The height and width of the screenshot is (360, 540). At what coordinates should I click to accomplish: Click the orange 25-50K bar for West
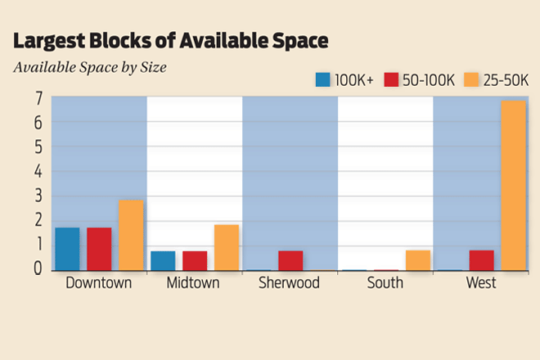click(513, 186)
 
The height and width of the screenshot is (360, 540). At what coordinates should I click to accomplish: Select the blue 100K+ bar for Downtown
click(68, 249)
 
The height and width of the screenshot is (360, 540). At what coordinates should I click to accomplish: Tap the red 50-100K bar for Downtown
click(99, 249)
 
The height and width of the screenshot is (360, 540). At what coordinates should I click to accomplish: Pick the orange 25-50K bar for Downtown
click(131, 236)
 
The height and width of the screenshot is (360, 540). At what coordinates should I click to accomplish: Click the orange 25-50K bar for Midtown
click(227, 247)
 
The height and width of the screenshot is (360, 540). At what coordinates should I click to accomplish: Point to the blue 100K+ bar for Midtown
click(163, 260)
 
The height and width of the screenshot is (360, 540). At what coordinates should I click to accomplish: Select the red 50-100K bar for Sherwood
click(290, 260)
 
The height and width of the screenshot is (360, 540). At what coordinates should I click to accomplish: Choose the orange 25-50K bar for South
click(418, 260)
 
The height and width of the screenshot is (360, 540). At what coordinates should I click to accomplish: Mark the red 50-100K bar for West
click(482, 260)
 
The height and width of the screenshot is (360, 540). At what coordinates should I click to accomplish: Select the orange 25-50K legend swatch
click(471, 79)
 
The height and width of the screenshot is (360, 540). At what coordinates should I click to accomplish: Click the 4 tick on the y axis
click(38, 172)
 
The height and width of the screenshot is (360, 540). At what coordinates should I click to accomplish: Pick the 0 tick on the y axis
click(38, 268)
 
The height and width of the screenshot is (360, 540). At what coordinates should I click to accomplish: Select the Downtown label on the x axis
click(99, 283)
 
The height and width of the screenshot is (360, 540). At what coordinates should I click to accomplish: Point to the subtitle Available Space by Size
click(90, 67)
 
